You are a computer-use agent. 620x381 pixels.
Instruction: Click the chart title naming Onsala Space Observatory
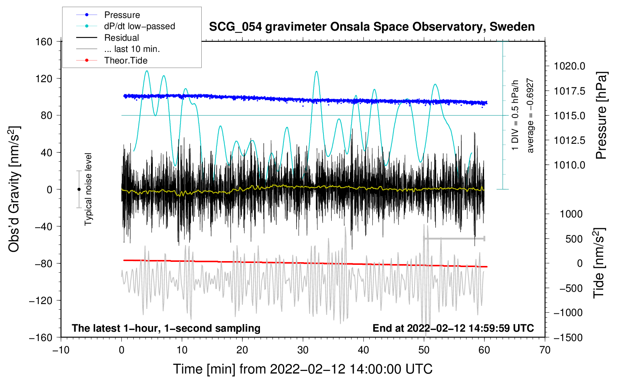coord(372,27)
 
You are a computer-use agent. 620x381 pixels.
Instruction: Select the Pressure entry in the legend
coord(122,15)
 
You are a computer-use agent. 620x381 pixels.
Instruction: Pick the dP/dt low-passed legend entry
coord(139,26)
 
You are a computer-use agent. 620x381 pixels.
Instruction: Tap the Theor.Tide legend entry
coord(125,61)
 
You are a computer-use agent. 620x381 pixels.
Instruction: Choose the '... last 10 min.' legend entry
coord(132,49)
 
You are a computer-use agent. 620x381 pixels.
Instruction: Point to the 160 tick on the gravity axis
coord(44,41)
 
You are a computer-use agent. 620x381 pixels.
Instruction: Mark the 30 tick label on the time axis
coord(303,350)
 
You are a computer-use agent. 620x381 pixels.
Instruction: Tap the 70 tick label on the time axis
coord(545,350)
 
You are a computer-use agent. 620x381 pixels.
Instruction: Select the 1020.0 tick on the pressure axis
coord(569,66)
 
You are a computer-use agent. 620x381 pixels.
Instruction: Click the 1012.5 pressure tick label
coord(569,140)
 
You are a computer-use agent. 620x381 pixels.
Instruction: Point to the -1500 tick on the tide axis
coord(568,337)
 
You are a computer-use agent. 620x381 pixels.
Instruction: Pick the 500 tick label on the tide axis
coord(574,239)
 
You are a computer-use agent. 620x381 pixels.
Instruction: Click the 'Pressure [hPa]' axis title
coord(601,116)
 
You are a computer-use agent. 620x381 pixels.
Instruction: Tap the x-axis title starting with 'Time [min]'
coord(303,369)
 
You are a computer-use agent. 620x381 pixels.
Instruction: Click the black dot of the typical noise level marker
coord(79,189)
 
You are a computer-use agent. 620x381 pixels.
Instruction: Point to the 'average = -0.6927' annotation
coord(530,116)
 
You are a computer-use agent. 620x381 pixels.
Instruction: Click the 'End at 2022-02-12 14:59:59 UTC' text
coord(453,328)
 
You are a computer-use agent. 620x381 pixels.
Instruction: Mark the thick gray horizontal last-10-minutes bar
coord(454,238)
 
